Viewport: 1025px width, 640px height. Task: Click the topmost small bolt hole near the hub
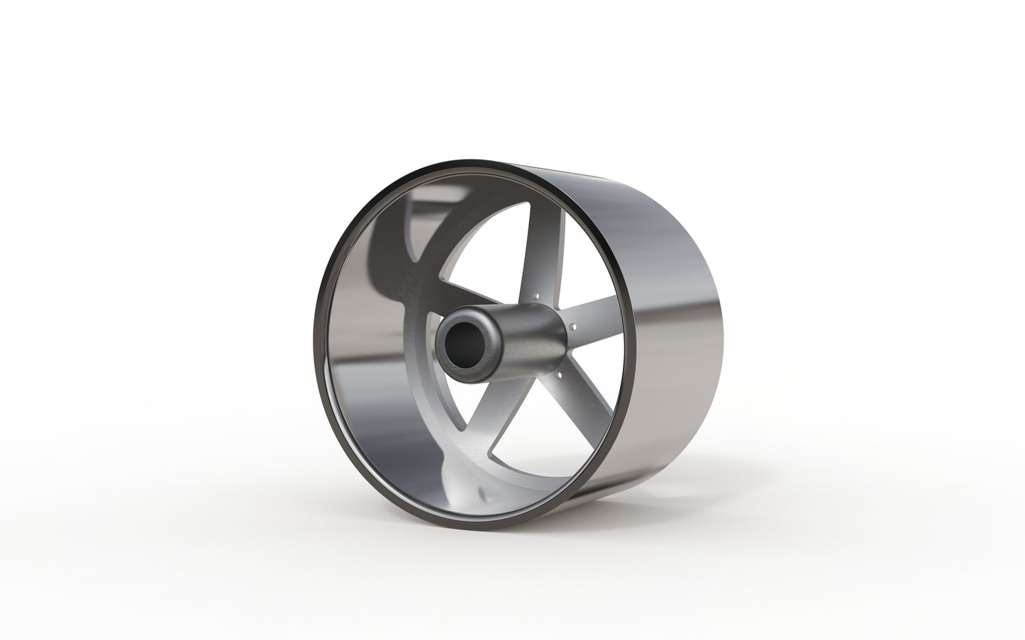click(x=538, y=292)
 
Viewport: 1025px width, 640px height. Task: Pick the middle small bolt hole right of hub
click(x=572, y=327)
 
